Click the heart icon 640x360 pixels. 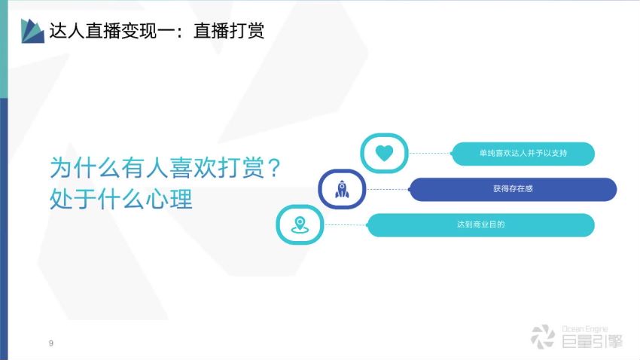pyautogui.click(x=384, y=153)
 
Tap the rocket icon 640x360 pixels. pyautogui.click(x=342, y=189)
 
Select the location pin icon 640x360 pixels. pyautogui.click(x=300, y=225)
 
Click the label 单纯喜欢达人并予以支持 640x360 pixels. pyautogui.click(x=523, y=153)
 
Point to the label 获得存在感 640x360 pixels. pyautogui.click(x=513, y=188)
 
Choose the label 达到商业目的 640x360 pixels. pyautogui.click(x=481, y=224)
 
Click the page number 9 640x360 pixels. pyautogui.click(x=51, y=343)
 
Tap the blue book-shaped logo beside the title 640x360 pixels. pyautogui.click(x=32, y=31)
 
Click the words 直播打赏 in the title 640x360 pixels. pyautogui.click(x=229, y=31)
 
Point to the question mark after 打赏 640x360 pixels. pyautogui.click(x=275, y=168)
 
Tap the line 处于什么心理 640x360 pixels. pyautogui.click(x=120, y=200)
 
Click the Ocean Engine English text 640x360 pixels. pyautogui.click(x=585, y=329)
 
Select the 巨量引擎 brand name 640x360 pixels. pyautogui.click(x=593, y=341)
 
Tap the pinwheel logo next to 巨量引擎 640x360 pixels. pyautogui.click(x=543, y=337)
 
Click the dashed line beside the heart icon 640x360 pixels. pyautogui.click(x=429, y=154)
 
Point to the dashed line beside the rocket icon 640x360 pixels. pyautogui.click(x=387, y=189)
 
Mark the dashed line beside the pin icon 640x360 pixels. pyautogui.click(x=346, y=225)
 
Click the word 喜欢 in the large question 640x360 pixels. pyautogui.click(x=193, y=168)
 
